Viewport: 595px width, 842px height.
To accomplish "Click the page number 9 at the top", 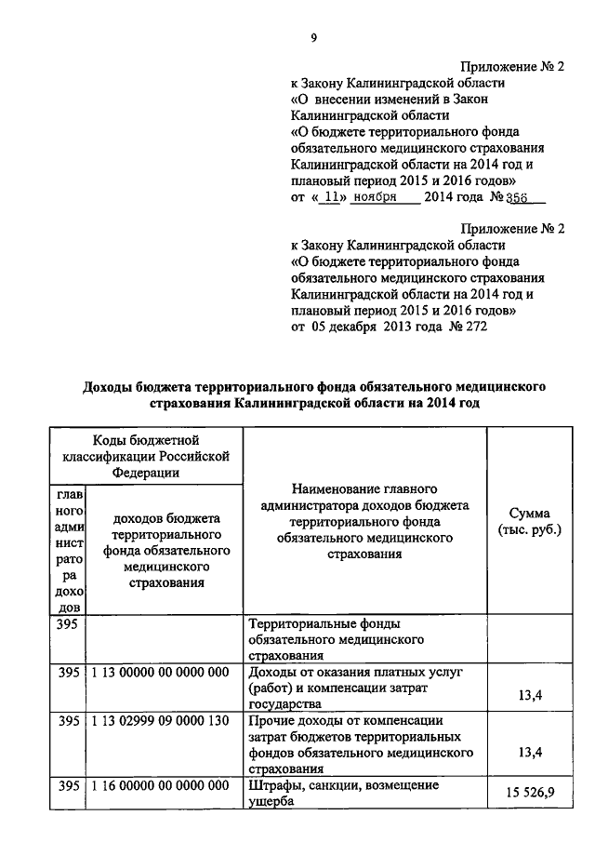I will click(x=314, y=38).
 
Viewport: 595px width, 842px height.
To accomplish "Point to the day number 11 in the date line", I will click(x=324, y=197).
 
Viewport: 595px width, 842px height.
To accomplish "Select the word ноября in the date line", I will click(x=376, y=197).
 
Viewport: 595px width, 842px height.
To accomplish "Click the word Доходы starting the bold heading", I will click(x=112, y=385).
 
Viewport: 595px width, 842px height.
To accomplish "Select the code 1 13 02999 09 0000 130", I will click(x=160, y=721).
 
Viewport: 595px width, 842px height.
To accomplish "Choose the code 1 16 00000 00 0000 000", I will click(x=160, y=786).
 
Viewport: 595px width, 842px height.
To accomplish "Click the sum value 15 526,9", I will click(x=529, y=794).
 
